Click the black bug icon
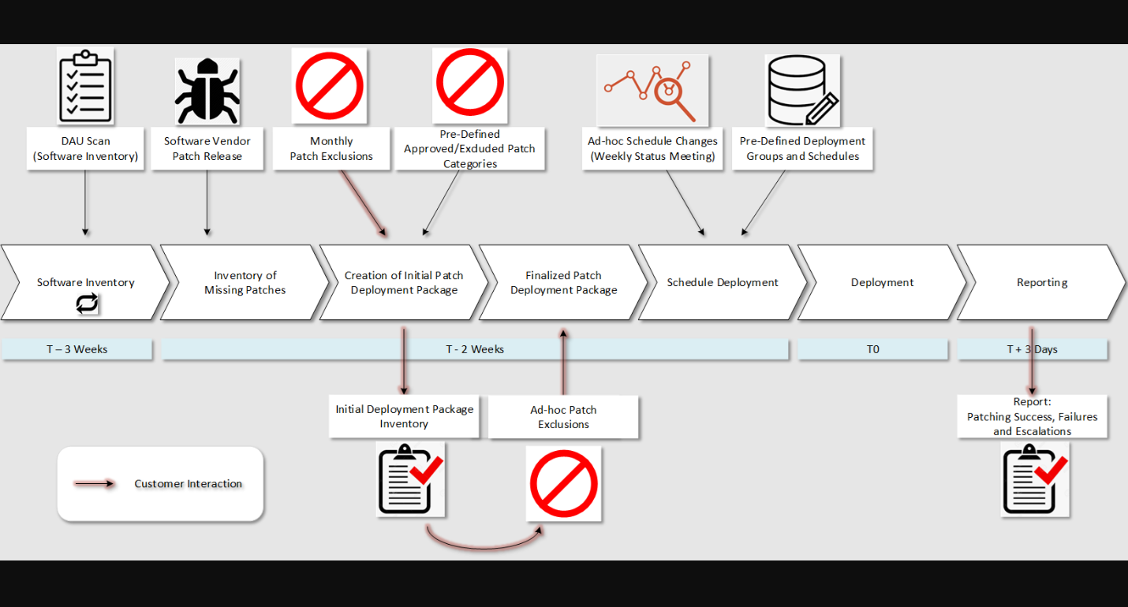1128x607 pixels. click(207, 91)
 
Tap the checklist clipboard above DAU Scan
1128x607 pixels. click(85, 86)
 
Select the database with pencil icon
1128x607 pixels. click(803, 91)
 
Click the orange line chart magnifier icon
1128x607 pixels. click(652, 91)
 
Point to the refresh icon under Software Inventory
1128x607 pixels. click(87, 303)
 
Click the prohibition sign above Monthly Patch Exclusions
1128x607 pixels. click(330, 86)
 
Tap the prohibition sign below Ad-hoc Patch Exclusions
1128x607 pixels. click(563, 484)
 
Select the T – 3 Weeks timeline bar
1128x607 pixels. click(77, 349)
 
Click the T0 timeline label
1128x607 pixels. click(872, 349)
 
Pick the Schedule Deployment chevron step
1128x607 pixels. click(723, 282)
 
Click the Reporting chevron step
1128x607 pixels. click(1041, 282)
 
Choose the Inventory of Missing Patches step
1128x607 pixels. click(245, 282)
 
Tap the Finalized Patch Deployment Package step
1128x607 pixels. click(563, 282)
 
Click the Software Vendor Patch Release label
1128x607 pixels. click(207, 148)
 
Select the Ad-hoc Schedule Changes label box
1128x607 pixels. click(652, 148)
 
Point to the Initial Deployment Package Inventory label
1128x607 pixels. click(404, 416)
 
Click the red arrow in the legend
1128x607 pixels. click(94, 484)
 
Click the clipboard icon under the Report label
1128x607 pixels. click(1035, 479)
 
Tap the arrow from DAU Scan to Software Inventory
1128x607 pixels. click(85, 203)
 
